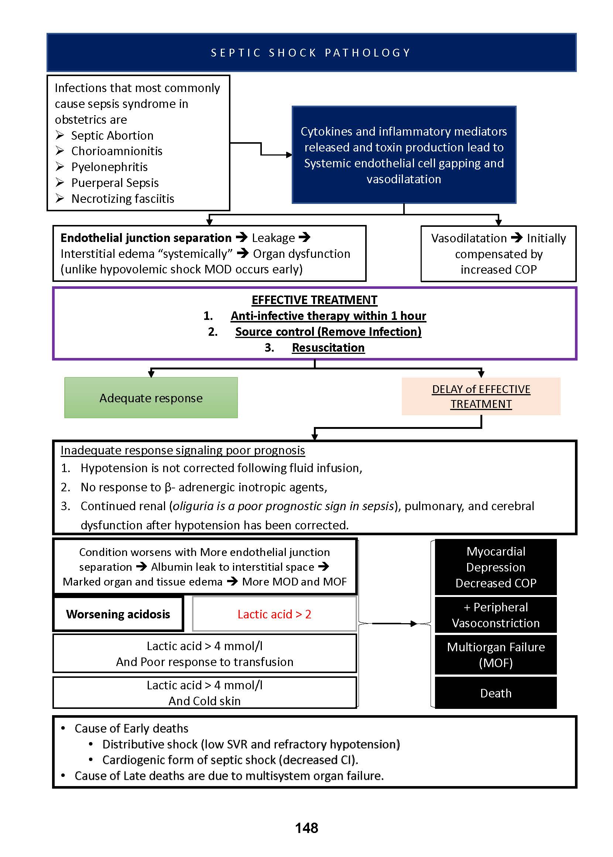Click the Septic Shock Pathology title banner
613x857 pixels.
click(311, 52)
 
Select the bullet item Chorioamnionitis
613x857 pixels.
click(117, 151)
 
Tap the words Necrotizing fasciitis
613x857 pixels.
click(123, 199)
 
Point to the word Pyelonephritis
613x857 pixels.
click(109, 167)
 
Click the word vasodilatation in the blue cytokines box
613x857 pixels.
click(404, 179)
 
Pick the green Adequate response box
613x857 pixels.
click(151, 398)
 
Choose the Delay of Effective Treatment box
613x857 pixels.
click(481, 396)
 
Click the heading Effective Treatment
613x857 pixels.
click(314, 300)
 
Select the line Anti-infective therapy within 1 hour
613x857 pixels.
click(328, 315)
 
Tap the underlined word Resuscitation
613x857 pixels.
click(328, 347)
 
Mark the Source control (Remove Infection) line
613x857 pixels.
click(328, 331)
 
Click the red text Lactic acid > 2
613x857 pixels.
click(274, 614)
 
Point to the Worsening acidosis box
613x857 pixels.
click(118, 614)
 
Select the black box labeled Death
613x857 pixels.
click(496, 693)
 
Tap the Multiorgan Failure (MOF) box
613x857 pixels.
click(496, 655)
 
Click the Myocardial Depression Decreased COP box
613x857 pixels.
click(496, 567)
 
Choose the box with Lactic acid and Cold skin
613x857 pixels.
click(205, 693)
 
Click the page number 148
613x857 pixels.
click(306, 828)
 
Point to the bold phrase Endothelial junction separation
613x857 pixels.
click(146, 238)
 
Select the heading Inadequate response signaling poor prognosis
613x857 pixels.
click(183, 450)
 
